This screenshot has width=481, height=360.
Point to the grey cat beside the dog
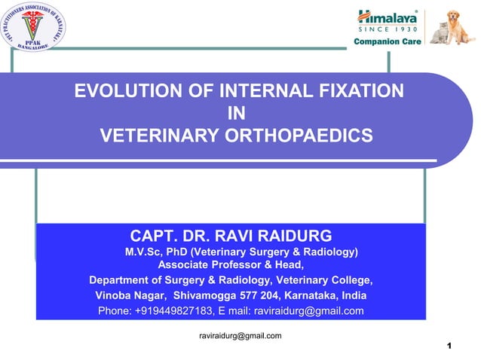click(437, 34)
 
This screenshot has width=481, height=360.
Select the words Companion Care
click(387, 41)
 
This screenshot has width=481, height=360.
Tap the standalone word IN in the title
click(237, 114)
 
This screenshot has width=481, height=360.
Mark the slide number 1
click(449, 346)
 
